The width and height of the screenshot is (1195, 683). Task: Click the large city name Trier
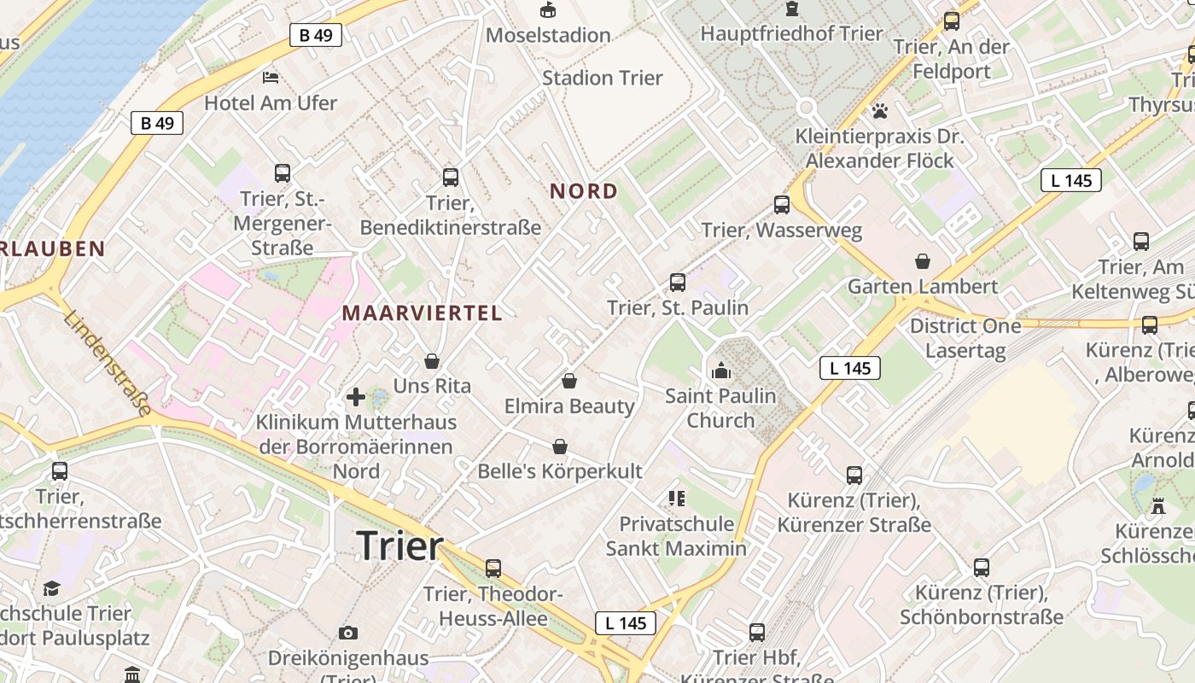tap(399, 546)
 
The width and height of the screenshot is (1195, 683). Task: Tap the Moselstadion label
tap(548, 35)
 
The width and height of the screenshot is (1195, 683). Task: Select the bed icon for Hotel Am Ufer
tap(271, 78)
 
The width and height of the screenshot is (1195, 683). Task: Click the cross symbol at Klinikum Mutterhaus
tap(356, 397)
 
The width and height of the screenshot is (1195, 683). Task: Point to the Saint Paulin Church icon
tap(721, 371)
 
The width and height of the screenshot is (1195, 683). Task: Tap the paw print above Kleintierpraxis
tap(879, 111)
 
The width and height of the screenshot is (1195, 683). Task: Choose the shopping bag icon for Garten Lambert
tap(923, 261)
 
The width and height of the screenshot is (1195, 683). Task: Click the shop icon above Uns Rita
tap(432, 361)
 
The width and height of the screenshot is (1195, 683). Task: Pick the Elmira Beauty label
tap(569, 406)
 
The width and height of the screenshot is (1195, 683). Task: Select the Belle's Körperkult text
tap(560, 471)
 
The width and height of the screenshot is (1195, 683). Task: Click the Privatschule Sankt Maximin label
tap(676, 535)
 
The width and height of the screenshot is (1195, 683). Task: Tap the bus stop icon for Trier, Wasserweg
tap(782, 205)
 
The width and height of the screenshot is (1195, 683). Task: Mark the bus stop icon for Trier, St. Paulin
tap(678, 282)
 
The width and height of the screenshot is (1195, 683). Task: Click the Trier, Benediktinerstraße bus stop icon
tap(451, 178)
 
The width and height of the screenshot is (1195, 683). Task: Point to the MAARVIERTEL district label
tap(423, 313)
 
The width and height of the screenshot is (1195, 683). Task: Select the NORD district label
tap(584, 191)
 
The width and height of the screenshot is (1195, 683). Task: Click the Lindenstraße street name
tap(108, 364)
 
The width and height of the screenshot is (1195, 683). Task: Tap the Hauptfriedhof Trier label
tap(791, 34)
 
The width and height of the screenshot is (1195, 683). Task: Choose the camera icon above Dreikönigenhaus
tap(347, 633)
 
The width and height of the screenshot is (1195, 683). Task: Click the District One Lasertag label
tap(965, 338)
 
